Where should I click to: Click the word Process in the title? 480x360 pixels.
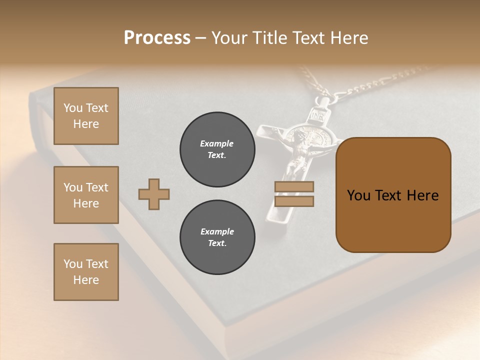[157, 38]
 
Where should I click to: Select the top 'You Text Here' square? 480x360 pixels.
[86, 116]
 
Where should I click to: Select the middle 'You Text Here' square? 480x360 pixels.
[86, 195]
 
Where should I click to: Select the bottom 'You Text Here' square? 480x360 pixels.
[86, 271]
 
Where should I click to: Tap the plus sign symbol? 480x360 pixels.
[154, 194]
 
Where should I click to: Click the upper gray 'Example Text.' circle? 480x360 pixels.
[217, 149]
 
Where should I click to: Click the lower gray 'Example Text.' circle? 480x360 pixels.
[217, 237]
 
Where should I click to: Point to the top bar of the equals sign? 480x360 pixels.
[294, 186]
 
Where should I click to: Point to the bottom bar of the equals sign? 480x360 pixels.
[294, 201]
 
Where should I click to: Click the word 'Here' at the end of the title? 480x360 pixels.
[350, 38]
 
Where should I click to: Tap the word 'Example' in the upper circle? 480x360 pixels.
[217, 143]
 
